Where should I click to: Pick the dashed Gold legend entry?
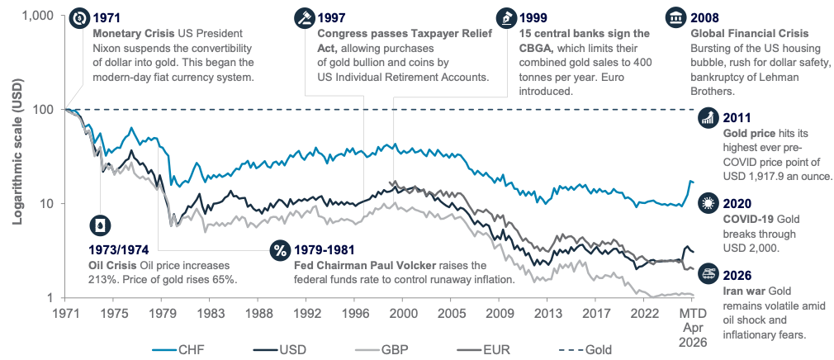(584, 349)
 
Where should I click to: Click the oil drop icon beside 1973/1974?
(100, 225)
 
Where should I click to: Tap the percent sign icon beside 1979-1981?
(279, 249)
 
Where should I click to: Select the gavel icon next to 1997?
(304, 18)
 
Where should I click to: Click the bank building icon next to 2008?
(675, 18)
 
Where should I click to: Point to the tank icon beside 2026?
(708, 271)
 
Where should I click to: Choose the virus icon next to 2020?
(708, 204)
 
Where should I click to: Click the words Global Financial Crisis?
(750, 33)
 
